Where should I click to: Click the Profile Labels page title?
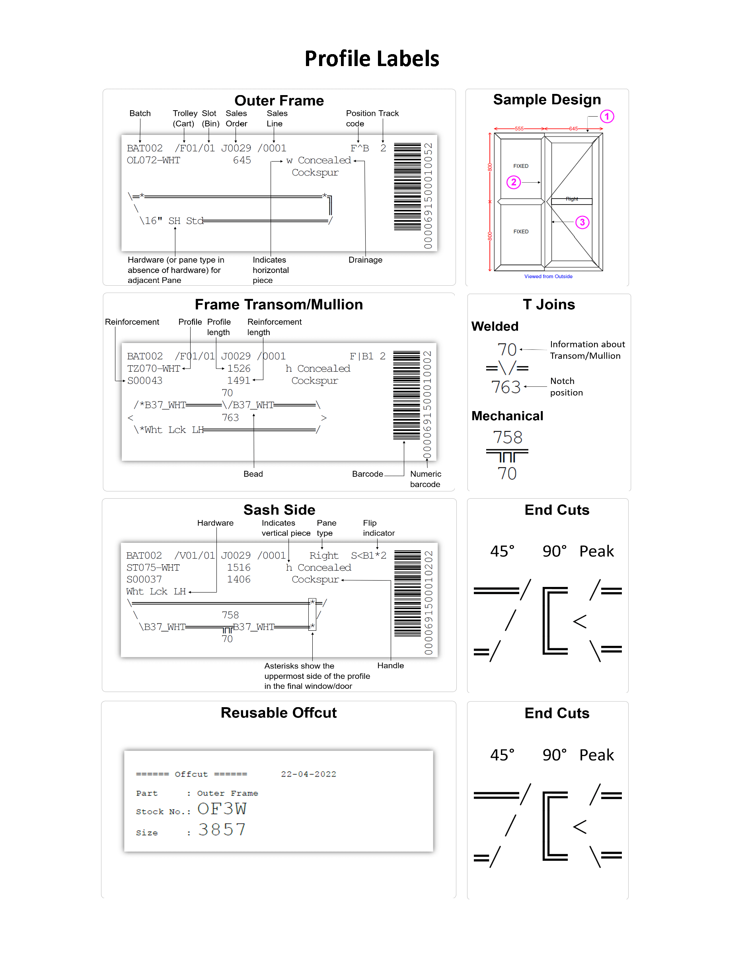coord(372,58)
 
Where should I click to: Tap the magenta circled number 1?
coord(606,117)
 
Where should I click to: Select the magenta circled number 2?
coord(514,182)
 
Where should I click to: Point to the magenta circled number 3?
coord(582,222)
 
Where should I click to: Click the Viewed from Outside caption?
coord(548,277)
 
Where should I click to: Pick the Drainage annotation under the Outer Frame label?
coord(365,260)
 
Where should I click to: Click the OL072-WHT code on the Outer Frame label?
coord(154,160)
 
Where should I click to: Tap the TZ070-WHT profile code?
coord(154,368)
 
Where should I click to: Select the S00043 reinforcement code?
coord(144,380)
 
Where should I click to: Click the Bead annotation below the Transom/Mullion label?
coord(253,474)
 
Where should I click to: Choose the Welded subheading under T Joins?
coord(495,326)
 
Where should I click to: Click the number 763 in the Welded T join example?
coord(506,387)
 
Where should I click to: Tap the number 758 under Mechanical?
coord(507,437)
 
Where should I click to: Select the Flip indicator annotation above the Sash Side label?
coord(378,528)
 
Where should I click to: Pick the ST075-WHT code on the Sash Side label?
coord(153,567)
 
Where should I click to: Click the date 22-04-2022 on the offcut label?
coord(308,774)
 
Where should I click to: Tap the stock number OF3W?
coord(222,809)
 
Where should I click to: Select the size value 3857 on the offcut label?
coord(222,830)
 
